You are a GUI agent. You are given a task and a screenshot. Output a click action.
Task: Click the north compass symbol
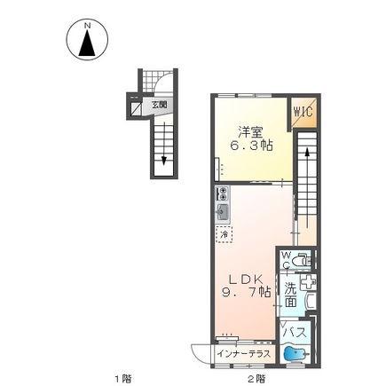click(x=88, y=43)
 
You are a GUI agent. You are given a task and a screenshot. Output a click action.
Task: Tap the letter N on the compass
click(x=88, y=27)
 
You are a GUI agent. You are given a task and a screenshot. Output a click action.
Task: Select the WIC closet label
click(x=303, y=113)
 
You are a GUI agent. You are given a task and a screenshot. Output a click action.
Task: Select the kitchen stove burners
click(x=222, y=193)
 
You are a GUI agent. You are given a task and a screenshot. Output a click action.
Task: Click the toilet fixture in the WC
click(x=302, y=261)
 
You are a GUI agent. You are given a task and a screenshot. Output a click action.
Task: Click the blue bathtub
click(x=293, y=355)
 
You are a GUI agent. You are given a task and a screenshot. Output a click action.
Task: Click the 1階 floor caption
click(x=122, y=379)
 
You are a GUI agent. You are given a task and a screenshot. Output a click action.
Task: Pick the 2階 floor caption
click(x=256, y=379)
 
